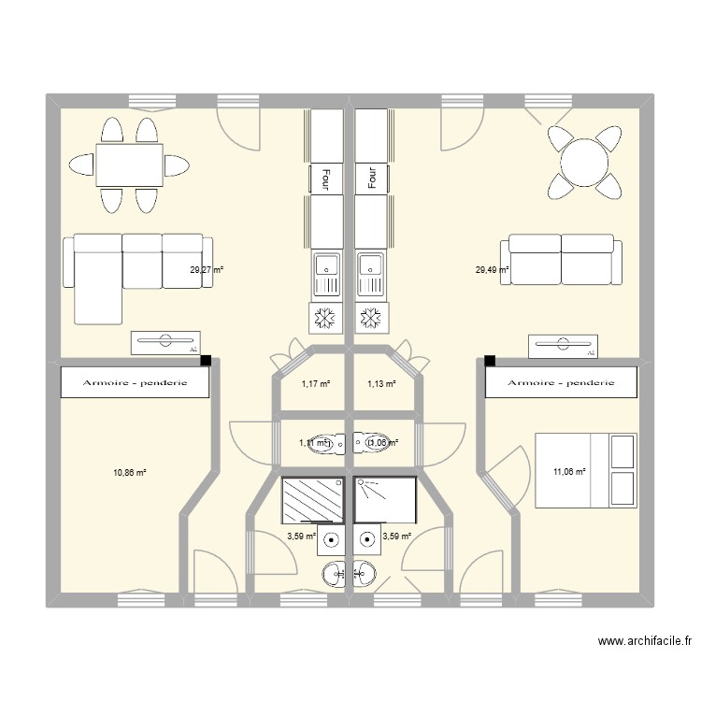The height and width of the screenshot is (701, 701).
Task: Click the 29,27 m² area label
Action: [207, 270]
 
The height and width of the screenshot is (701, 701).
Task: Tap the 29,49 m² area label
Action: [493, 270]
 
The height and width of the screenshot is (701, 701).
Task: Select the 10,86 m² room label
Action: [130, 473]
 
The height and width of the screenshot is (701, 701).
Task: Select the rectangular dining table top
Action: [129, 166]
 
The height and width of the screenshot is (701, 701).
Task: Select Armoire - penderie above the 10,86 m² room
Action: [135, 382]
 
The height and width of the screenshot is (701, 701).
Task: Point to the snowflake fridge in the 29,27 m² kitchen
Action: [327, 319]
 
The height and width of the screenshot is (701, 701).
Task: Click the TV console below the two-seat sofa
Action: [563, 346]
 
